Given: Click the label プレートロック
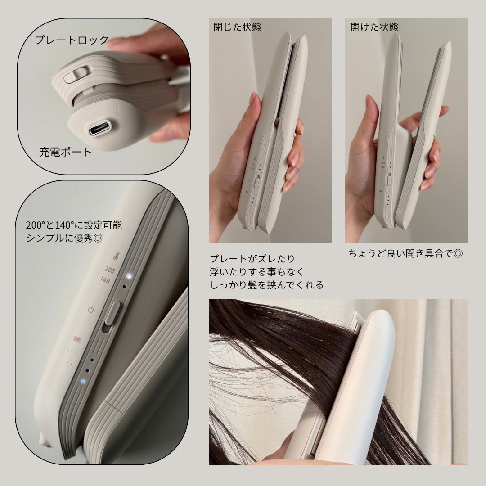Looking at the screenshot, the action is click(72, 40).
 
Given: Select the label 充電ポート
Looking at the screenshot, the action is click(65, 152).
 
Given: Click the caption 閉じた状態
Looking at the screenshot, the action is click(237, 27).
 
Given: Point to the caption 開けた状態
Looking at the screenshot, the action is click(374, 27).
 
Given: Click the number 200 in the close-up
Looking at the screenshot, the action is click(110, 270).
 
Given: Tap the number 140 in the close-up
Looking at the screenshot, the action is click(105, 280).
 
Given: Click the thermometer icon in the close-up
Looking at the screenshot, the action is click(116, 256).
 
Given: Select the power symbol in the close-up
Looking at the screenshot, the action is click(91, 309).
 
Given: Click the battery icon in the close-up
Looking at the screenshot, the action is click(77, 339).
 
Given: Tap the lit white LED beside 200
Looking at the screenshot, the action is click(129, 275).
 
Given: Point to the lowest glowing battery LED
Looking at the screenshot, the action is click(83, 382).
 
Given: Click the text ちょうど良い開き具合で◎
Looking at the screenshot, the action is click(405, 253).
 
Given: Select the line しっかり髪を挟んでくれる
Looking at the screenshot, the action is click(266, 285).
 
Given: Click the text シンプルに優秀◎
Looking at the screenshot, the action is click(64, 238).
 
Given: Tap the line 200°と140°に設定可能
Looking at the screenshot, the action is click(74, 225).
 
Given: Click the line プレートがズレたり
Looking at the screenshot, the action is click(252, 258).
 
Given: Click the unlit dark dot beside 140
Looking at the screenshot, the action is click(125, 287).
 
